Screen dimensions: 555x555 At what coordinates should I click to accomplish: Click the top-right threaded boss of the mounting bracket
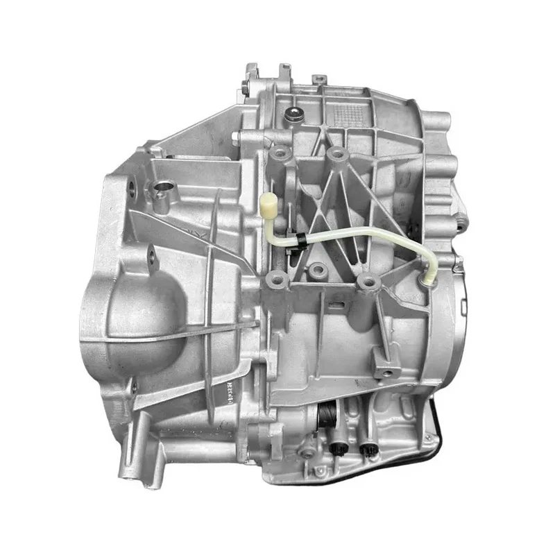pos(337,154)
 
